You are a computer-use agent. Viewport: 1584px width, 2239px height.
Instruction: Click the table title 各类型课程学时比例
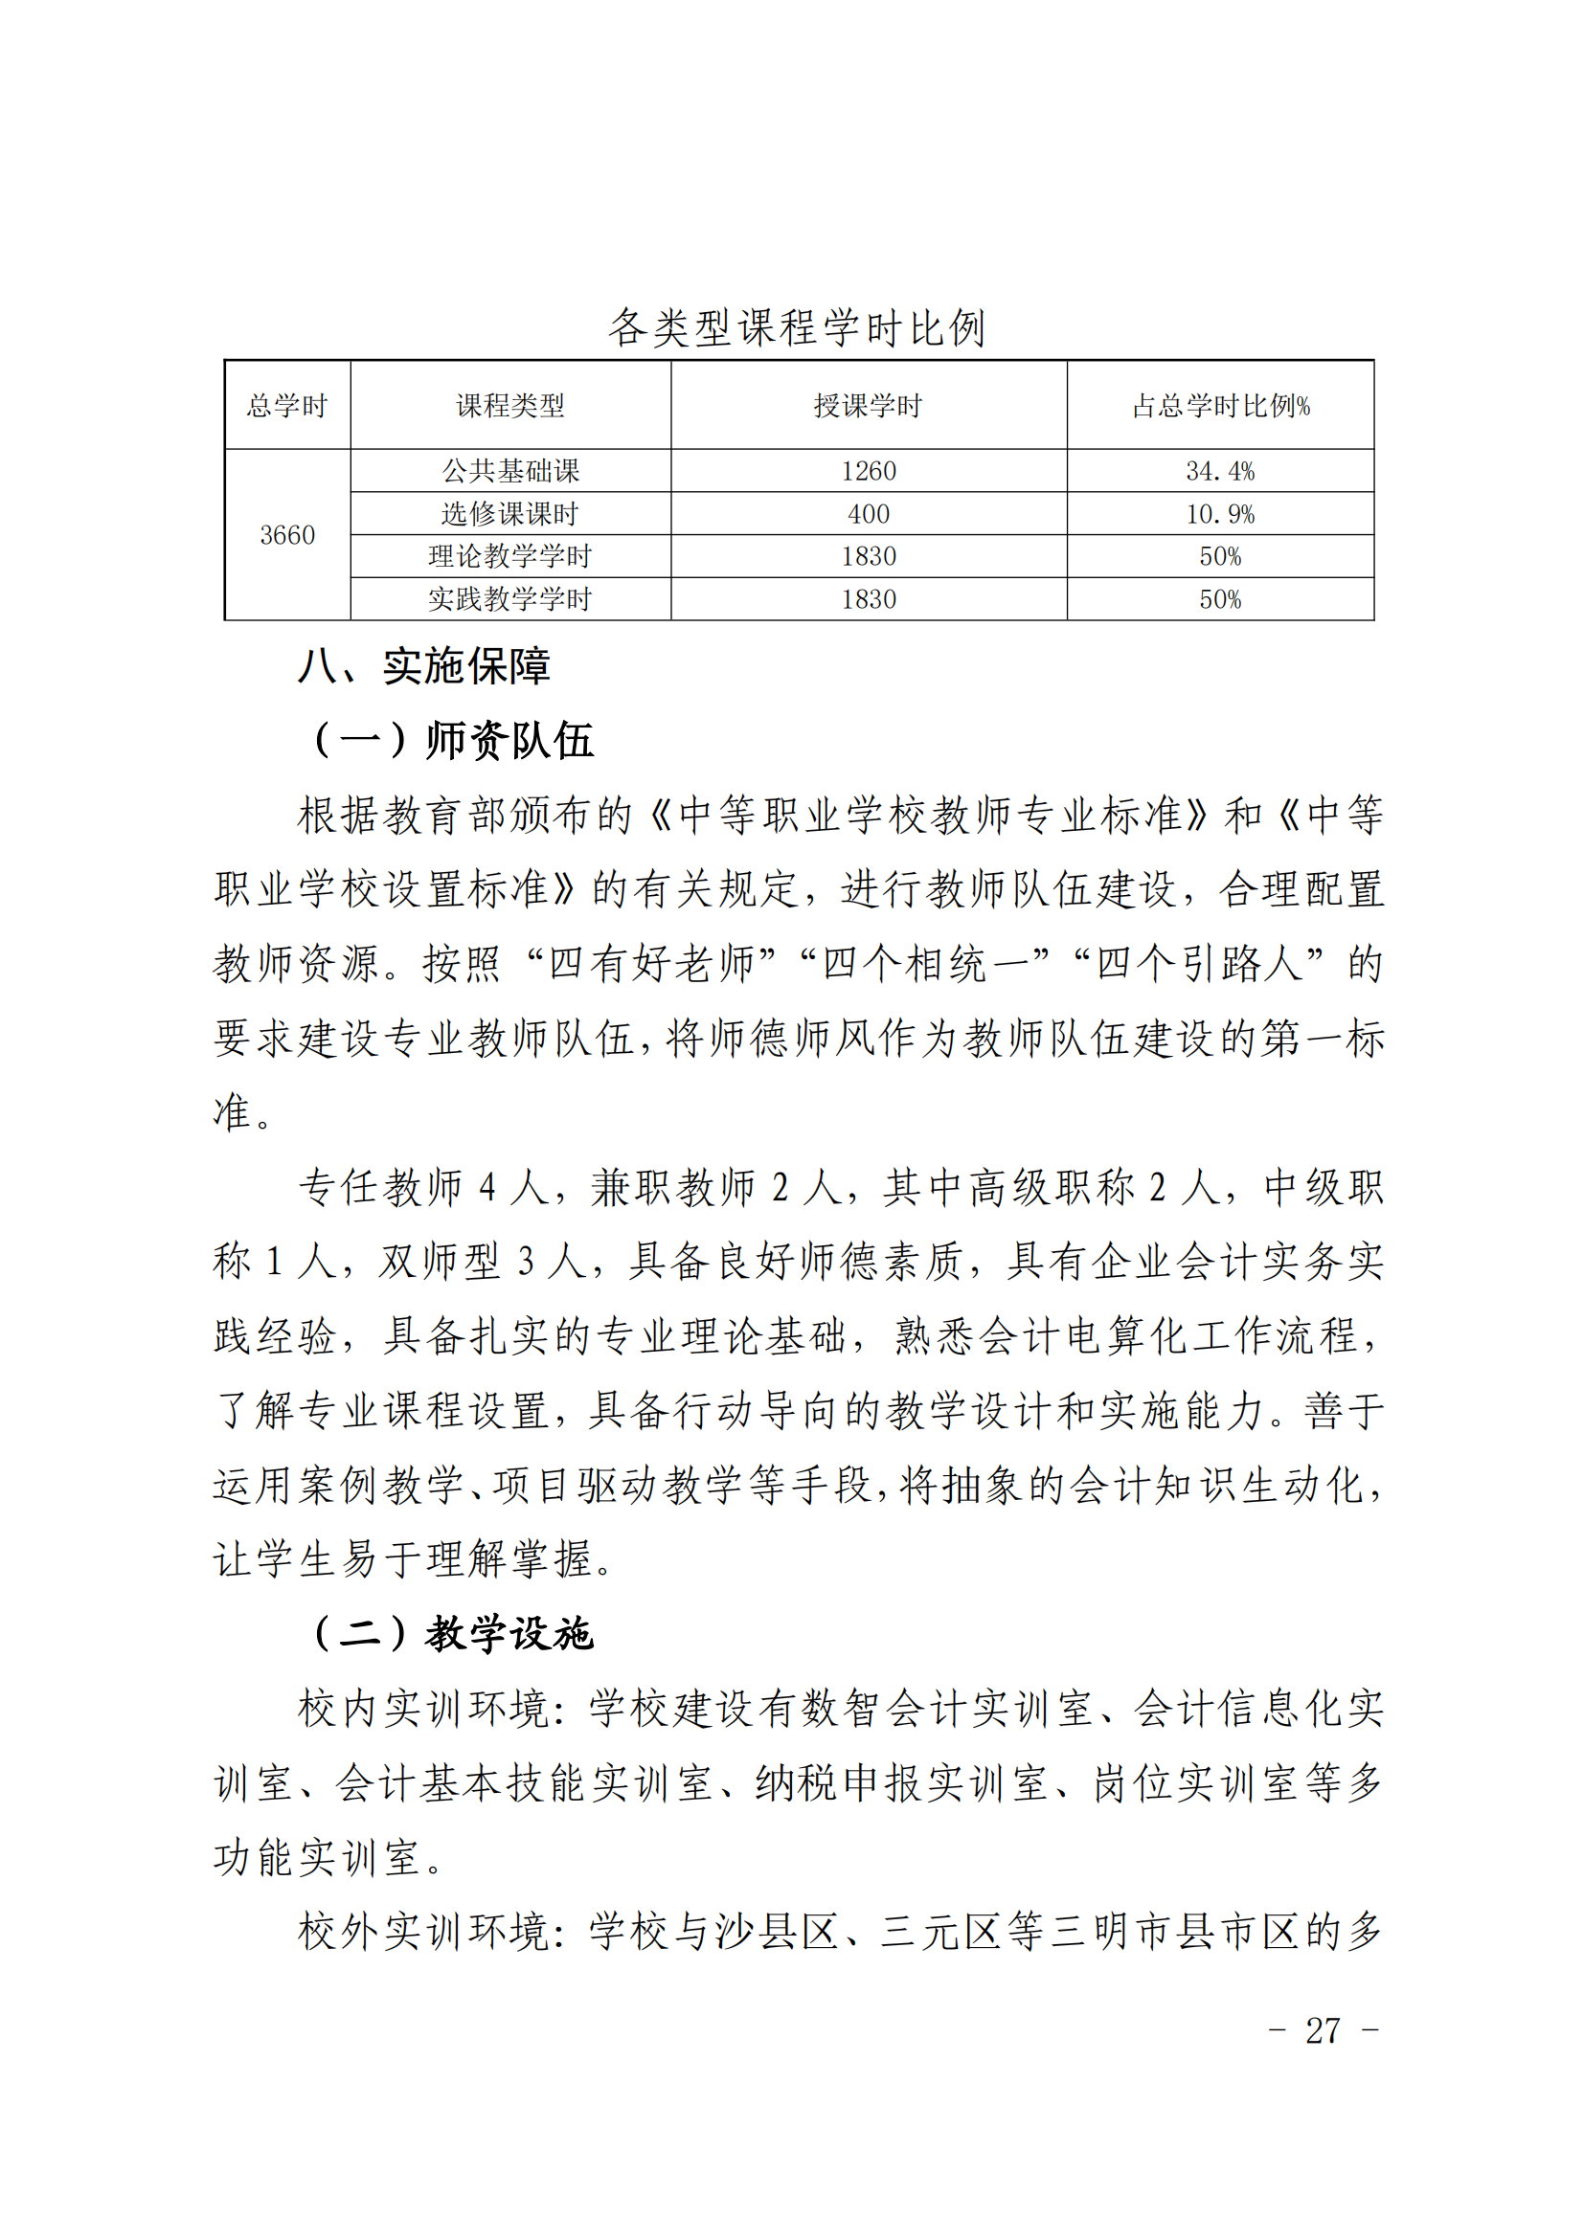(797, 327)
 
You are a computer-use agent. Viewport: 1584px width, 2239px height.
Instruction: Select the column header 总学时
(286, 406)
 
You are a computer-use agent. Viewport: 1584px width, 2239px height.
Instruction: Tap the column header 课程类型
(510, 406)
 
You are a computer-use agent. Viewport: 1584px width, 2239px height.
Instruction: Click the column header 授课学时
(868, 406)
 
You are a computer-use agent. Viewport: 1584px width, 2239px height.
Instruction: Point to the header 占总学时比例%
(1220, 406)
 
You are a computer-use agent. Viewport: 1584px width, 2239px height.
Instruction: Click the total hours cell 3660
(286, 535)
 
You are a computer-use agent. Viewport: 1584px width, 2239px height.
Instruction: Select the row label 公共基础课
(510, 471)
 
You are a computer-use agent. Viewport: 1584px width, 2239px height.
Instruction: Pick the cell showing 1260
(868, 471)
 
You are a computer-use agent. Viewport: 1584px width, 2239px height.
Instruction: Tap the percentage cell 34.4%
(1220, 471)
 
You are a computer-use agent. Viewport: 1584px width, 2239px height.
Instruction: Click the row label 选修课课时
(510, 514)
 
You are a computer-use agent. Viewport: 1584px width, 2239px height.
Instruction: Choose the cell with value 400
(868, 514)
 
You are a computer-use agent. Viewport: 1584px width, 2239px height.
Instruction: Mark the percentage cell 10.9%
(1220, 514)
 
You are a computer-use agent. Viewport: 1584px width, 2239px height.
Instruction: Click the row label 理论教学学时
(510, 557)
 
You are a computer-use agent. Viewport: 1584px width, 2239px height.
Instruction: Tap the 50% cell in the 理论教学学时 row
(1220, 557)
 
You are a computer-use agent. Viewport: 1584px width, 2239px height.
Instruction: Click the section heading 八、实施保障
(424, 667)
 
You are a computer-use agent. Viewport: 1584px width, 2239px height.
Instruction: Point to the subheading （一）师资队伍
(452, 740)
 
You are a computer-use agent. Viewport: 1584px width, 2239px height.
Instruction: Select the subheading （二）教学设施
(452, 1633)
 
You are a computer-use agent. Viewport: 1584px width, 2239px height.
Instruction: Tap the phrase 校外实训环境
(423, 1932)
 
